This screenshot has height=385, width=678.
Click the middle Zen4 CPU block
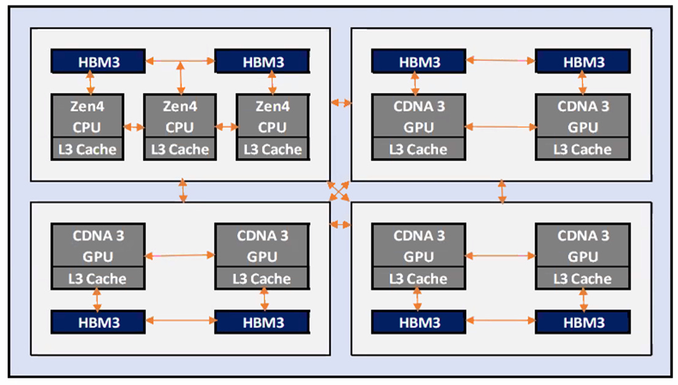point(179,126)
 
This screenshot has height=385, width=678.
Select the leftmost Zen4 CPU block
point(87,126)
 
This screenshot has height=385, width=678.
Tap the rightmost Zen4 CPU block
point(273,126)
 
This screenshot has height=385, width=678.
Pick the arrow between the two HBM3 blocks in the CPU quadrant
point(180,61)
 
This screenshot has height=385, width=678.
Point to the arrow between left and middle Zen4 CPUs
point(134,127)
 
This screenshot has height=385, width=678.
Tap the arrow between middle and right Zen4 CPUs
point(226,127)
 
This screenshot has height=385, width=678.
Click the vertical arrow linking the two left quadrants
point(183,190)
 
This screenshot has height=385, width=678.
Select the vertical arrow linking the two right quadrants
point(502,191)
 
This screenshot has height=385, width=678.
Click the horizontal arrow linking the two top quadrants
point(341,103)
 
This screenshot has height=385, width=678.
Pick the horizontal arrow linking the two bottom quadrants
point(341,225)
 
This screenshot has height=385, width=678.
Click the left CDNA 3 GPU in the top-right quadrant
point(418,126)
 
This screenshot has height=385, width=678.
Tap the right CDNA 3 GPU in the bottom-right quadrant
point(582,256)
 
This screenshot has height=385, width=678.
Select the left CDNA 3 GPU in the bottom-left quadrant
point(97,256)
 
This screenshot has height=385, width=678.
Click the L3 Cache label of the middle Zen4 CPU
point(179,149)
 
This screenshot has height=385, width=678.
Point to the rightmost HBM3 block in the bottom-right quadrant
point(582,322)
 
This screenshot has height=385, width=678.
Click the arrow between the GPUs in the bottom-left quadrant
point(179,255)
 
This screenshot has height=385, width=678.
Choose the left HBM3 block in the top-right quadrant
point(419,61)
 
